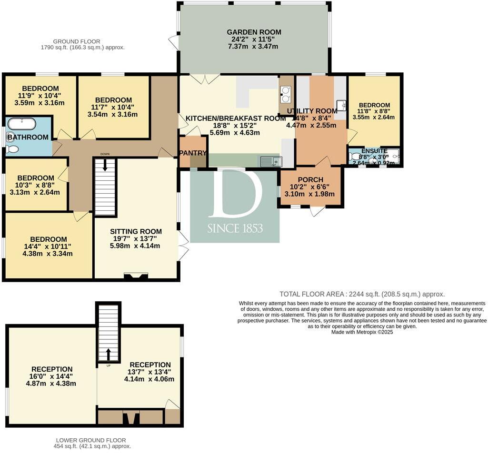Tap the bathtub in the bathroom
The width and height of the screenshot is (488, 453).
[22, 125]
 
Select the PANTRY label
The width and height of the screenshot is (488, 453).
[193, 153]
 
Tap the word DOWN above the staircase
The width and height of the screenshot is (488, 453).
[105, 154]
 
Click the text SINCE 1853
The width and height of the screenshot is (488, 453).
[235, 229]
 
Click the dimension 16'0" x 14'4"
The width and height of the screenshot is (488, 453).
[52, 376]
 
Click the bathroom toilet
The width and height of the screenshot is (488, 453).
[12, 148]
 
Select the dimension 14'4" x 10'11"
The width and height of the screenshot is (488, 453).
[48, 246]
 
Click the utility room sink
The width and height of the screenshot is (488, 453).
[340, 105]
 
